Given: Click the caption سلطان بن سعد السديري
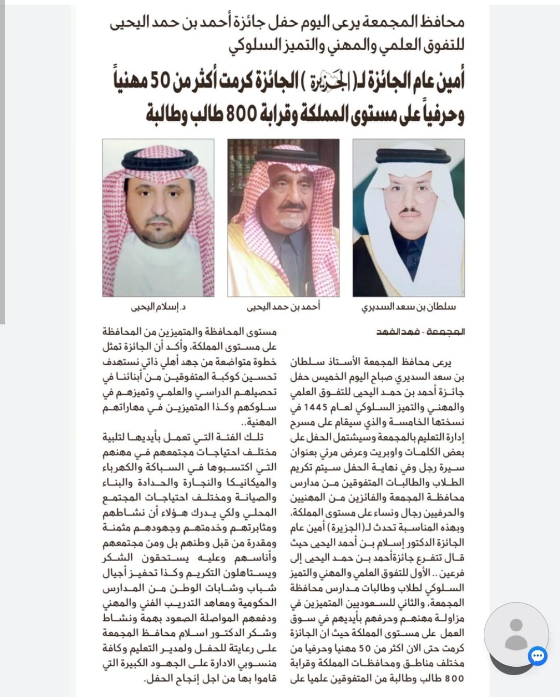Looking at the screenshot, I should tap(409, 306).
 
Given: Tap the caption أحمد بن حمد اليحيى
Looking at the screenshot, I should tap(283, 306).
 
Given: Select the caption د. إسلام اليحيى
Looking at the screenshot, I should tap(159, 307).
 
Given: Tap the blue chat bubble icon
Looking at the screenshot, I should tap(538, 656).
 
